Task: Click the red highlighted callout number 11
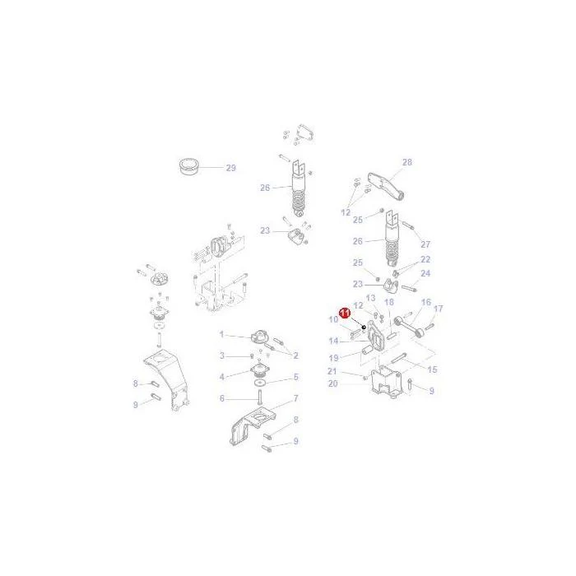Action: pos(345,313)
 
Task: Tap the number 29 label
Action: pos(230,168)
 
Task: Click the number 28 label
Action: pos(407,162)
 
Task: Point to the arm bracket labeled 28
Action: pos(387,186)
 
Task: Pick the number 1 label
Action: pos(221,334)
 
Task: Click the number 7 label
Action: pos(295,398)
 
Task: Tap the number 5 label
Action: pos(295,377)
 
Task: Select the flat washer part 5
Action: pos(261,383)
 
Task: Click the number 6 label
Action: pos(221,398)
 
